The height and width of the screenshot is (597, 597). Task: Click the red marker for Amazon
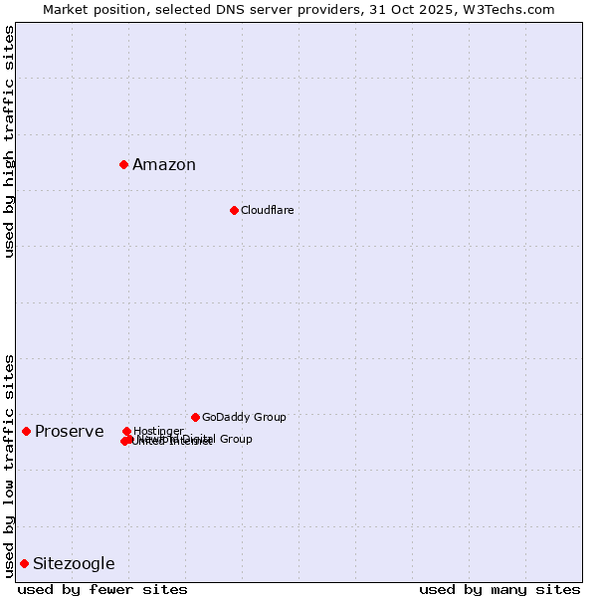(123, 164)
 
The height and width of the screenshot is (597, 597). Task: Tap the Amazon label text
(164, 165)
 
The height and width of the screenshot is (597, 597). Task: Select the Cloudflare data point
(234, 210)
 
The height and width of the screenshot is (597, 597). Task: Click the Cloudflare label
(267, 210)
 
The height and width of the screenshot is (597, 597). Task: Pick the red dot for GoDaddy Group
(195, 417)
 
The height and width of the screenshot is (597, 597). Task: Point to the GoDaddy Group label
(244, 417)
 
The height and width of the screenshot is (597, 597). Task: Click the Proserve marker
(26, 431)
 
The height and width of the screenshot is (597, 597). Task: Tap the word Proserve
(69, 431)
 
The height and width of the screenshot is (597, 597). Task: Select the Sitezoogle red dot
(24, 563)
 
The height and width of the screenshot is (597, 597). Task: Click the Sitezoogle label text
(74, 564)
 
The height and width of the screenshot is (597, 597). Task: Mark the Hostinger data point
(126, 431)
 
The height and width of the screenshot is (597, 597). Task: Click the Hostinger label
(158, 431)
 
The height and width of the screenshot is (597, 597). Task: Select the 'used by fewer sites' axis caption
(102, 589)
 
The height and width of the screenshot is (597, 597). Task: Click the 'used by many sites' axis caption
(499, 589)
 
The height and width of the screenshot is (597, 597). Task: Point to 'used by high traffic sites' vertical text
(9, 141)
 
